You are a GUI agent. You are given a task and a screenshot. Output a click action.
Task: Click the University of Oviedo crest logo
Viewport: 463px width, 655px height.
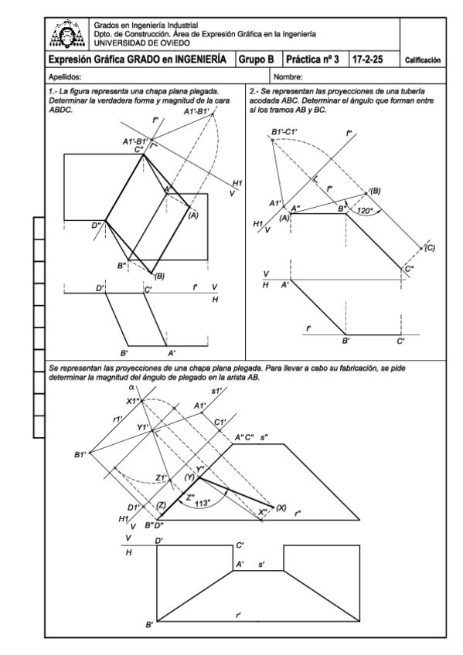coord(66,34)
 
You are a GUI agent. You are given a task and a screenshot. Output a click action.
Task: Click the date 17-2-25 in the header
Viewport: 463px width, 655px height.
coord(367,59)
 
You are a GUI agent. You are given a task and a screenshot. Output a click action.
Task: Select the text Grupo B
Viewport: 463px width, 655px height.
coord(256,59)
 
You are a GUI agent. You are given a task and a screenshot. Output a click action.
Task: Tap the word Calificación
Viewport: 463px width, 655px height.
coord(423,60)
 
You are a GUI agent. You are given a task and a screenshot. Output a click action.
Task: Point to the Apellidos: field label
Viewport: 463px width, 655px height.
coord(65,77)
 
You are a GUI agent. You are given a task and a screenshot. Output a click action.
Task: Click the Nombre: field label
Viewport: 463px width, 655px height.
coord(288,77)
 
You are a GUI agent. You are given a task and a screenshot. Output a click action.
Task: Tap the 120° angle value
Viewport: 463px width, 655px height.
coord(365,211)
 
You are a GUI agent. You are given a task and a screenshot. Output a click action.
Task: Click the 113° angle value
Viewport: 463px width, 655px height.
coord(203,504)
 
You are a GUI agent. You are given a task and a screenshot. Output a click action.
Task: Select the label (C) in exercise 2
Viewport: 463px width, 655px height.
coord(430,248)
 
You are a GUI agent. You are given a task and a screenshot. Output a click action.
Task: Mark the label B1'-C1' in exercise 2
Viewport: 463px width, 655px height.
coord(284,132)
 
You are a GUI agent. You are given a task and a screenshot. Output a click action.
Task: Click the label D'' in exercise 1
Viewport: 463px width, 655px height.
coord(97,226)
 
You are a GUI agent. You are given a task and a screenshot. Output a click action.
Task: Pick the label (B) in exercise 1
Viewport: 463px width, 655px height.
coord(159,276)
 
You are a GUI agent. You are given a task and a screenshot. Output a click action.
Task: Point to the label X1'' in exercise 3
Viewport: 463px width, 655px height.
coord(133,401)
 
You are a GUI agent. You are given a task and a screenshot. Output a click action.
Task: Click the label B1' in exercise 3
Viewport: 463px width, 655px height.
coord(80,454)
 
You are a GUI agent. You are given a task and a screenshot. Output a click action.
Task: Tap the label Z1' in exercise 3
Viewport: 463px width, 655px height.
coord(162,478)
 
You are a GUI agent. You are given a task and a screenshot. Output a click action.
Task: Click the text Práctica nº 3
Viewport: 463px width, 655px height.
coord(312,59)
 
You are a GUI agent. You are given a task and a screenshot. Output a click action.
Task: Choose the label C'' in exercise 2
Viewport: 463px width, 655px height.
coord(410,269)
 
